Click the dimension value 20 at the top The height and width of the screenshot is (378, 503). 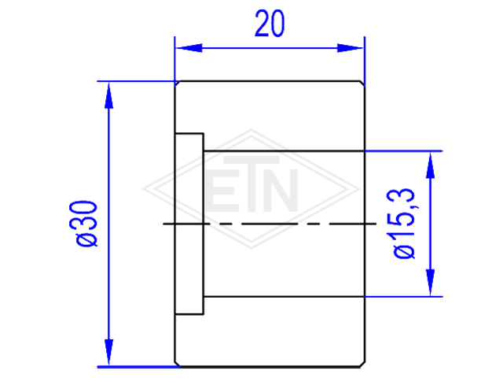click(x=270, y=23)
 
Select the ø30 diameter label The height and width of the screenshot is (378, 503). click(x=83, y=224)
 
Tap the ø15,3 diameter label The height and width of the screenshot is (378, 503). click(x=404, y=224)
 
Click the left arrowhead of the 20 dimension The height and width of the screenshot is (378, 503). click(x=189, y=48)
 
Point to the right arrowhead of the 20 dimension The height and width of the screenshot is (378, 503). click(x=350, y=48)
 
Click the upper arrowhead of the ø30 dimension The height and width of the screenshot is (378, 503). click(x=109, y=95)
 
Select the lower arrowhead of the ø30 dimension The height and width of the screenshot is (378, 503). click(x=109, y=352)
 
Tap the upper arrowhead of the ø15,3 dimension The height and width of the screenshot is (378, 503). click(x=430, y=165)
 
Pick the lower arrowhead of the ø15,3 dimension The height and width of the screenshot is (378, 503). click(x=430, y=283)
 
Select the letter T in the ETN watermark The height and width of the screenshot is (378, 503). click(x=251, y=183)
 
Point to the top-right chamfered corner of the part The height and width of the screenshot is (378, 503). click(x=362, y=84)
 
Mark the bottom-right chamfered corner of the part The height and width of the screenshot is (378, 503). click(x=362, y=363)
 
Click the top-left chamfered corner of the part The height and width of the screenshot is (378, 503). click(x=178, y=84)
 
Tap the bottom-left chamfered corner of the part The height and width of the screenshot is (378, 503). click(x=178, y=363)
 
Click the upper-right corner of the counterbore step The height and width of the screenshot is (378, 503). click(x=204, y=133)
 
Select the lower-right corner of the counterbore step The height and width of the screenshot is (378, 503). click(x=204, y=314)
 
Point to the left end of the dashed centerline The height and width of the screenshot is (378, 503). click(x=163, y=224)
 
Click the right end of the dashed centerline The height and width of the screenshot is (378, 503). click(x=376, y=224)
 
